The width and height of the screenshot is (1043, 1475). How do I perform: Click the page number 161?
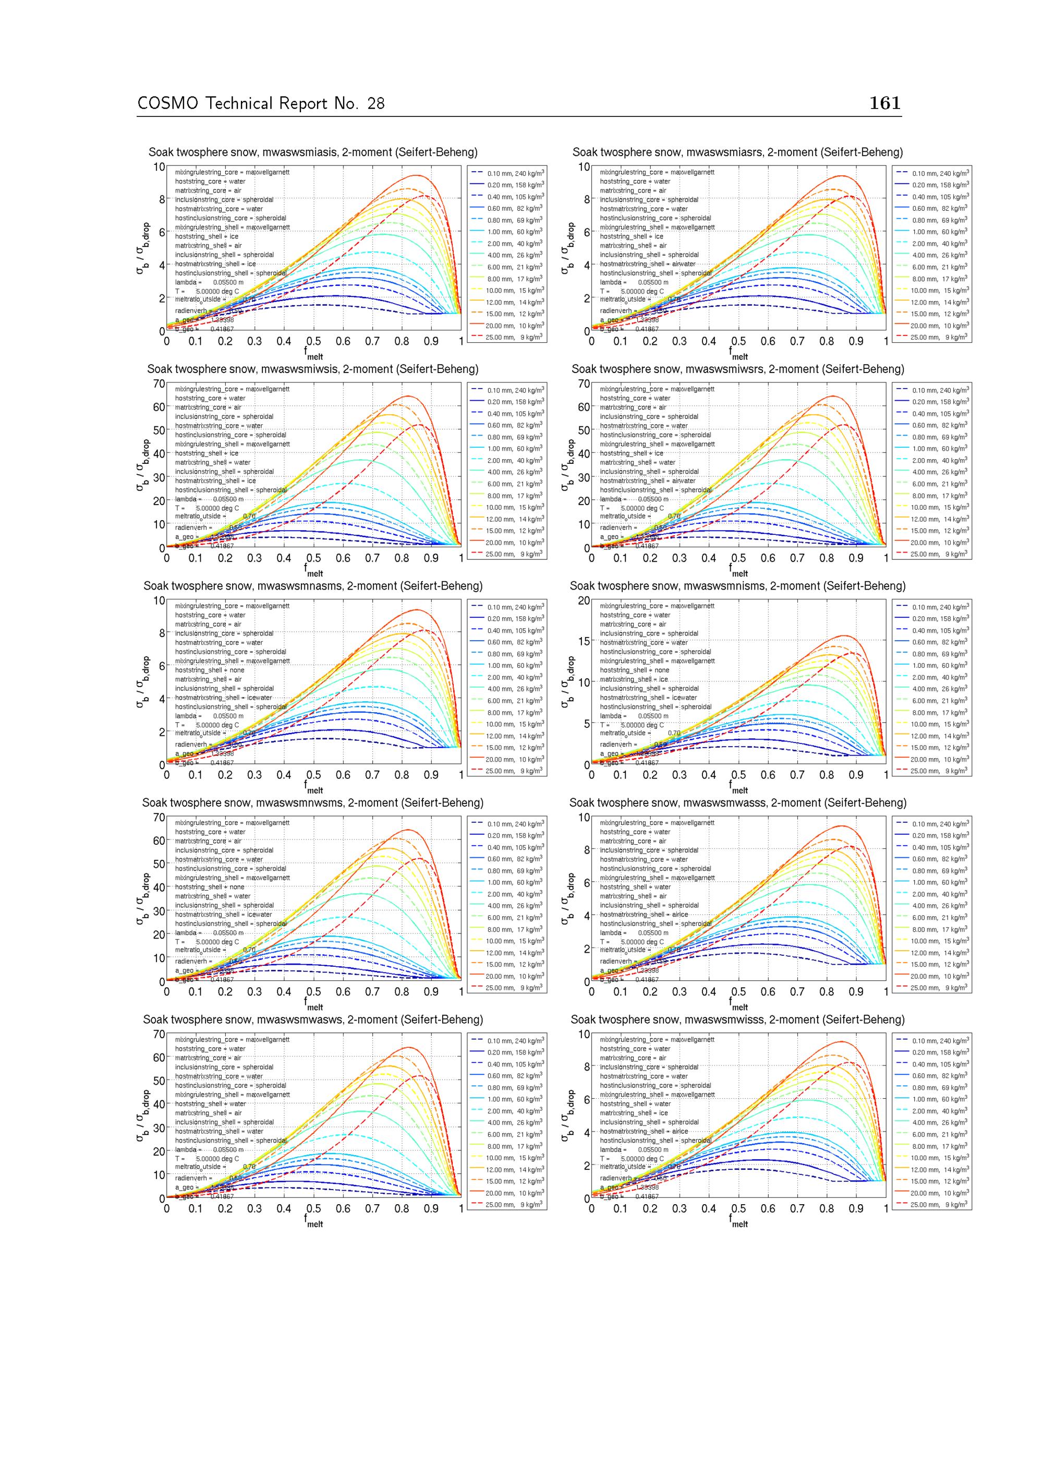tap(884, 103)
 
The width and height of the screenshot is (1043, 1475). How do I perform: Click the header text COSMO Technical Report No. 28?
tap(261, 103)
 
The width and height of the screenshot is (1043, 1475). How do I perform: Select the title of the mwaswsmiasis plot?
tap(313, 152)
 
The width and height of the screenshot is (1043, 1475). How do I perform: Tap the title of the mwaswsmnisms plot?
tap(737, 586)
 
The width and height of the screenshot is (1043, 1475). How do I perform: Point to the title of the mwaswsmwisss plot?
tap(737, 1020)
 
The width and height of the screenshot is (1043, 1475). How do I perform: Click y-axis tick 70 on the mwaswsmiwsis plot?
tap(159, 384)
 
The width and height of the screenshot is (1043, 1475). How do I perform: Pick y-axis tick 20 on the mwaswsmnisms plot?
tap(584, 601)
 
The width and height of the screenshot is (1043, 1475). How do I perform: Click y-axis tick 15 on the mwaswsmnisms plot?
tap(584, 641)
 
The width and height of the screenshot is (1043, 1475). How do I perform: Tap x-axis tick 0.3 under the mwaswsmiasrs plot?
tap(680, 342)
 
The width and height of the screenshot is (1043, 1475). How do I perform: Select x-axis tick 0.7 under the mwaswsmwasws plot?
tap(372, 1208)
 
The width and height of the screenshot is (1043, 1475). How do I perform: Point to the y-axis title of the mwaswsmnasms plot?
tap(142, 682)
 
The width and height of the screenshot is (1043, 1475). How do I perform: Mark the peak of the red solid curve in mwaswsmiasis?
tap(416, 175)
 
